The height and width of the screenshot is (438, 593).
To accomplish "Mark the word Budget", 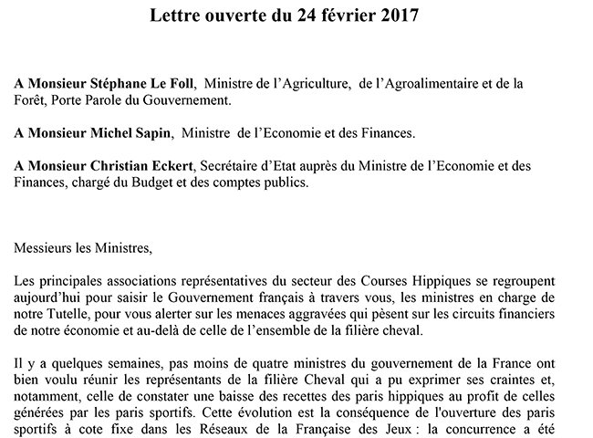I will point(148,182).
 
